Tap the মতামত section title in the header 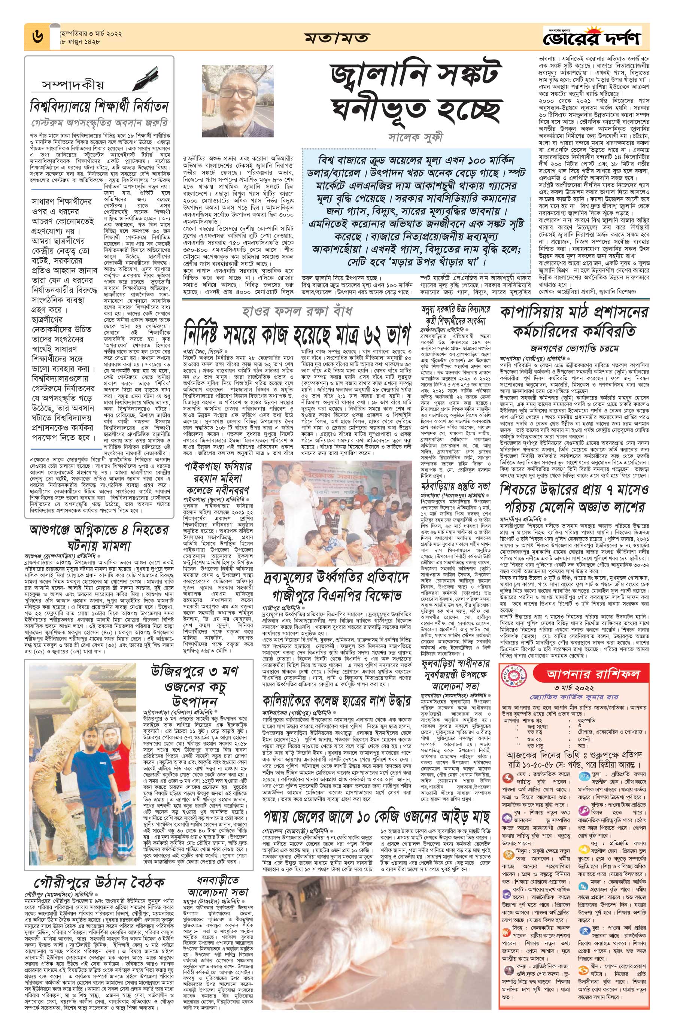[337, 37]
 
